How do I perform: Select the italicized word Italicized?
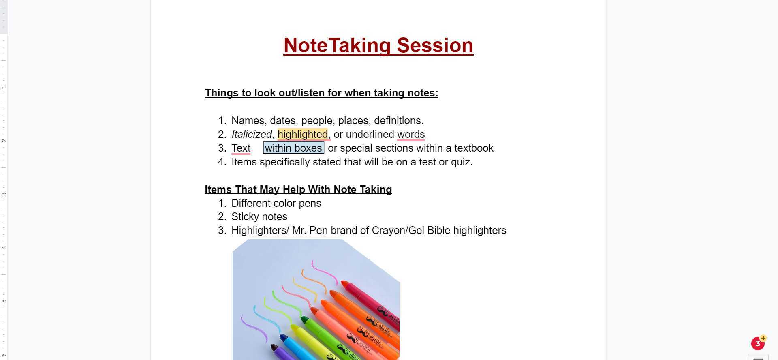click(251, 134)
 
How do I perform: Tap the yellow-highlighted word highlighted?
click(303, 134)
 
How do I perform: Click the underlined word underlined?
click(370, 134)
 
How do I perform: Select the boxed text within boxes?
click(293, 148)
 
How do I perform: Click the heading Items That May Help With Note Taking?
click(298, 189)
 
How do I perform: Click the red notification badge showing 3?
click(757, 344)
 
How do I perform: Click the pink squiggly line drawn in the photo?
click(324, 272)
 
